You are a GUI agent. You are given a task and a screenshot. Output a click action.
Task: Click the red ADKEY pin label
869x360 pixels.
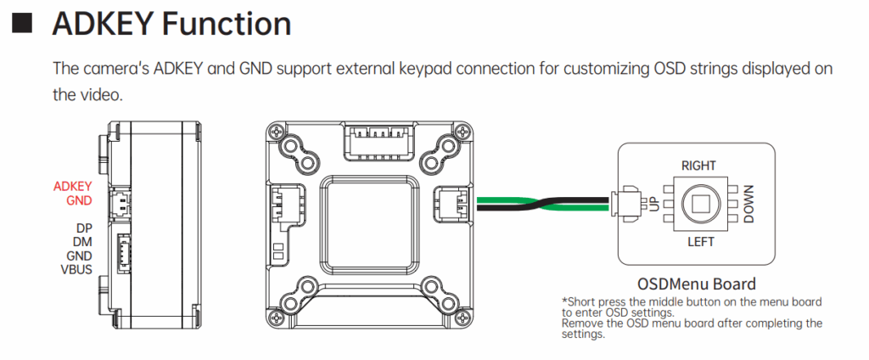[x=72, y=187]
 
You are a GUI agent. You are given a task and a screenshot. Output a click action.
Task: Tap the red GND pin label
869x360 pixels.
[x=79, y=201]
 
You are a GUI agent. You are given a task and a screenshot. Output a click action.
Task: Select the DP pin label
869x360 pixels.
[x=84, y=228]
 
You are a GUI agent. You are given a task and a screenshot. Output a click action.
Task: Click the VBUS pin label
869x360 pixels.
[x=76, y=269]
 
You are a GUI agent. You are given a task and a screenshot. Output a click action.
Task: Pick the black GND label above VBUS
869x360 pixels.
[x=79, y=256]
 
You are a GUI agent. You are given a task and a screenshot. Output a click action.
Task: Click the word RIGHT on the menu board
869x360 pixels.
[x=698, y=166]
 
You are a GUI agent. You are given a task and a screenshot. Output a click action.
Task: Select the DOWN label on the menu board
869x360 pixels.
[x=748, y=205]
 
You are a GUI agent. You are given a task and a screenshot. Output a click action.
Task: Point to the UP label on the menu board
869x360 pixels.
[x=654, y=204]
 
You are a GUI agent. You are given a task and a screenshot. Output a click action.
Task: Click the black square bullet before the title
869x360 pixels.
[x=23, y=23]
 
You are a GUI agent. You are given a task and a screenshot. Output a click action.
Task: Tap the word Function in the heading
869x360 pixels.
[x=227, y=24]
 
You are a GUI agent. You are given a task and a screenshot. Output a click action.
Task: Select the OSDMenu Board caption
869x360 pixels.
[x=696, y=284]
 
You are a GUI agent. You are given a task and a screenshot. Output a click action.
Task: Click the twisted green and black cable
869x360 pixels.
[x=543, y=204]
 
